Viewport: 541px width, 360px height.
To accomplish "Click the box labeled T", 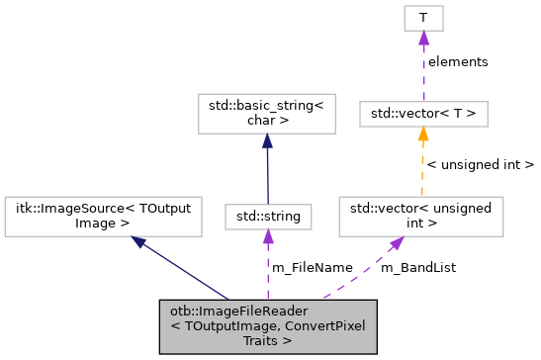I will (x=422, y=18).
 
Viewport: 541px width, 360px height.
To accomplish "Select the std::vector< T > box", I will (x=422, y=114).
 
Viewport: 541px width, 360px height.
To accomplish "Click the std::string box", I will (x=267, y=214).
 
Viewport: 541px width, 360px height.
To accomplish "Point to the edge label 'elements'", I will (x=458, y=61).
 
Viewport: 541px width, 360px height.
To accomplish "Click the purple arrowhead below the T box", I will (x=422, y=39).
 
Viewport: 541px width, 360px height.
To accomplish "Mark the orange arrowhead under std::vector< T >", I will (x=422, y=135).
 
